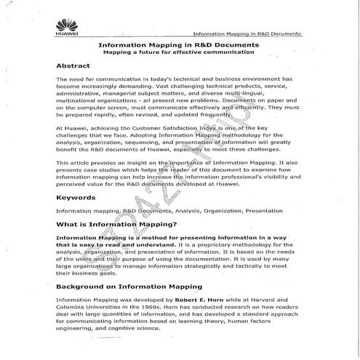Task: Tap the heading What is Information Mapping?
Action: (116, 224)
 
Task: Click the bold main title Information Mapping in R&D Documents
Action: (179, 45)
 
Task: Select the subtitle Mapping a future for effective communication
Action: (179, 53)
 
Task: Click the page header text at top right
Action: (247, 33)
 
